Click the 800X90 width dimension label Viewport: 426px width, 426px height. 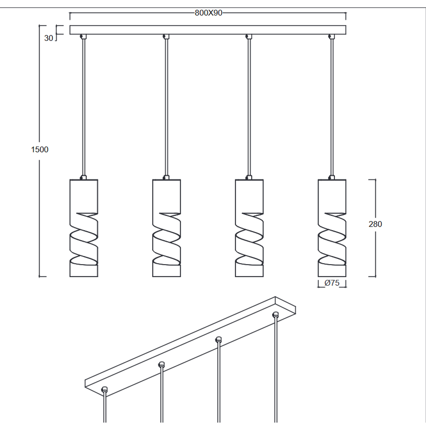coord(208,13)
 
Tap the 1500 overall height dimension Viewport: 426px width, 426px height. coord(40,150)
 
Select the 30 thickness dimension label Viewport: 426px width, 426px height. coord(49,38)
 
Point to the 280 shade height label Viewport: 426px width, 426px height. coord(375,224)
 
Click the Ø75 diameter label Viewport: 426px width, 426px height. coord(332,283)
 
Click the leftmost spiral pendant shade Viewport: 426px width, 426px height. coord(83,228)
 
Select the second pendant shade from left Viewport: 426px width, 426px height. coord(167,228)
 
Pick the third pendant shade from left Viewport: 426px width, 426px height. coord(249,228)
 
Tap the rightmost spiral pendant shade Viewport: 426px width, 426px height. coord(332,228)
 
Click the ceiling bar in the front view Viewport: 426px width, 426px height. coord(208,30)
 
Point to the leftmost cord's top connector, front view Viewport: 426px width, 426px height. coord(83,36)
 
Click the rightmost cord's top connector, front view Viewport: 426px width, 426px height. coord(331,36)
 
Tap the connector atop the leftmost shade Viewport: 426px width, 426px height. coord(83,177)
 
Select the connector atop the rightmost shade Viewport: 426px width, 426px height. coord(331,177)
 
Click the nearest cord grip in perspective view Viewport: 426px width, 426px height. coord(104,390)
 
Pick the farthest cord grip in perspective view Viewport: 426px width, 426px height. coord(276,315)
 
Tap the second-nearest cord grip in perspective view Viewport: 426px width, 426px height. coord(161,365)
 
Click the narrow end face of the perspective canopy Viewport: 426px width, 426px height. coord(285,305)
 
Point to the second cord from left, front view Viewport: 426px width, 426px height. coord(166,107)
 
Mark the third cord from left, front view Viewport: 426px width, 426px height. coord(249,107)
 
